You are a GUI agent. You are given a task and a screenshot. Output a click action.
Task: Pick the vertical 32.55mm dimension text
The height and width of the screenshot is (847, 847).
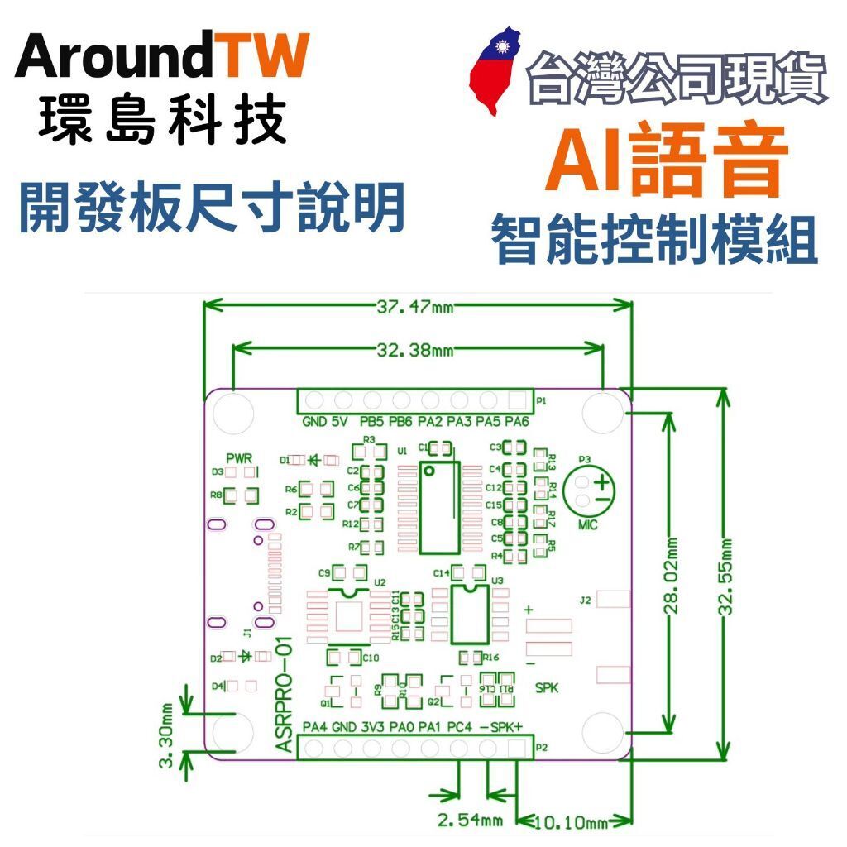click(727, 577)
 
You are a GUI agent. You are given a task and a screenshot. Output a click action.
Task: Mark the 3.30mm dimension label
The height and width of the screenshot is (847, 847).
click(167, 737)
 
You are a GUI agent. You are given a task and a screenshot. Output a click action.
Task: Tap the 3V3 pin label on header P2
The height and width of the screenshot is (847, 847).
click(372, 728)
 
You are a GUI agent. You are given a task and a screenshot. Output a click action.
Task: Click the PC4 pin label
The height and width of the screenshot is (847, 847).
click(459, 728)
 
